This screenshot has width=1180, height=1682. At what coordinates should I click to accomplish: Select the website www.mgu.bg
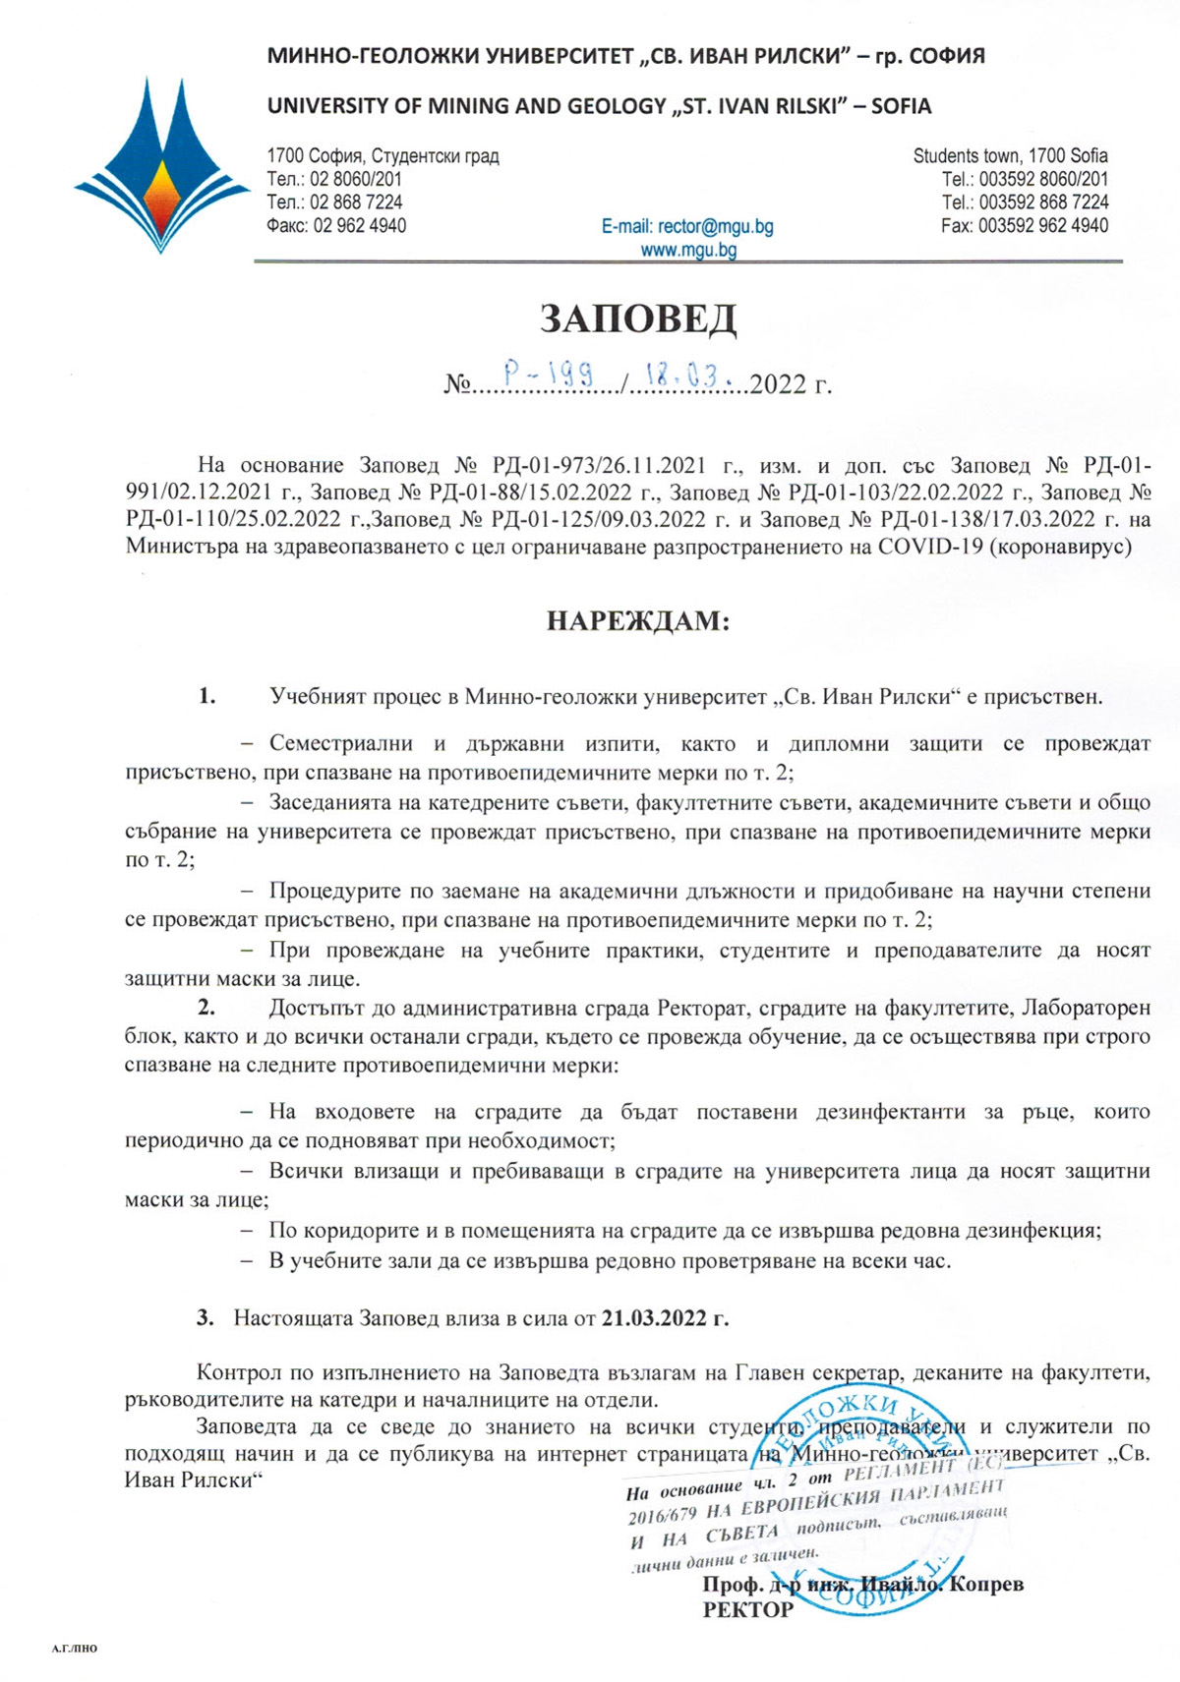pos(688,250)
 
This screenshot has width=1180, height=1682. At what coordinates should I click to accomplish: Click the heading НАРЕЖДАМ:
pos(638,621)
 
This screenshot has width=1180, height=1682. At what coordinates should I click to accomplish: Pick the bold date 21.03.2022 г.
pos(665,1317)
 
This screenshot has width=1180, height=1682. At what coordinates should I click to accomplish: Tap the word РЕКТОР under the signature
pos(747,1609)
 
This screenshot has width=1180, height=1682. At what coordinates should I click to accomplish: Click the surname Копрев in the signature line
pos(987,1584)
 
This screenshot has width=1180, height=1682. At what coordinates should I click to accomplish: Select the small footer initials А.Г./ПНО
pos(74,1649)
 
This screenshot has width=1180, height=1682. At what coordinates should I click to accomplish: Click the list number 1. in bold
pos(206,697)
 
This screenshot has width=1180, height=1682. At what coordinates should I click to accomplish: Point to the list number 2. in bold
pos(206,1008)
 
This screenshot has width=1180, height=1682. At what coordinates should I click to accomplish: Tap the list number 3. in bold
pos(206,1317)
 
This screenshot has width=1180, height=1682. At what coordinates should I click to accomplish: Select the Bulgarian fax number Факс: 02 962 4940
pos(336,225)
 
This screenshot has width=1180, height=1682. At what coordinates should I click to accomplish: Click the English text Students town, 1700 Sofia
pos(1010,155)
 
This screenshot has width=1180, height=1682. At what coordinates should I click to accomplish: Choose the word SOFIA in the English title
pos(901,106)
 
